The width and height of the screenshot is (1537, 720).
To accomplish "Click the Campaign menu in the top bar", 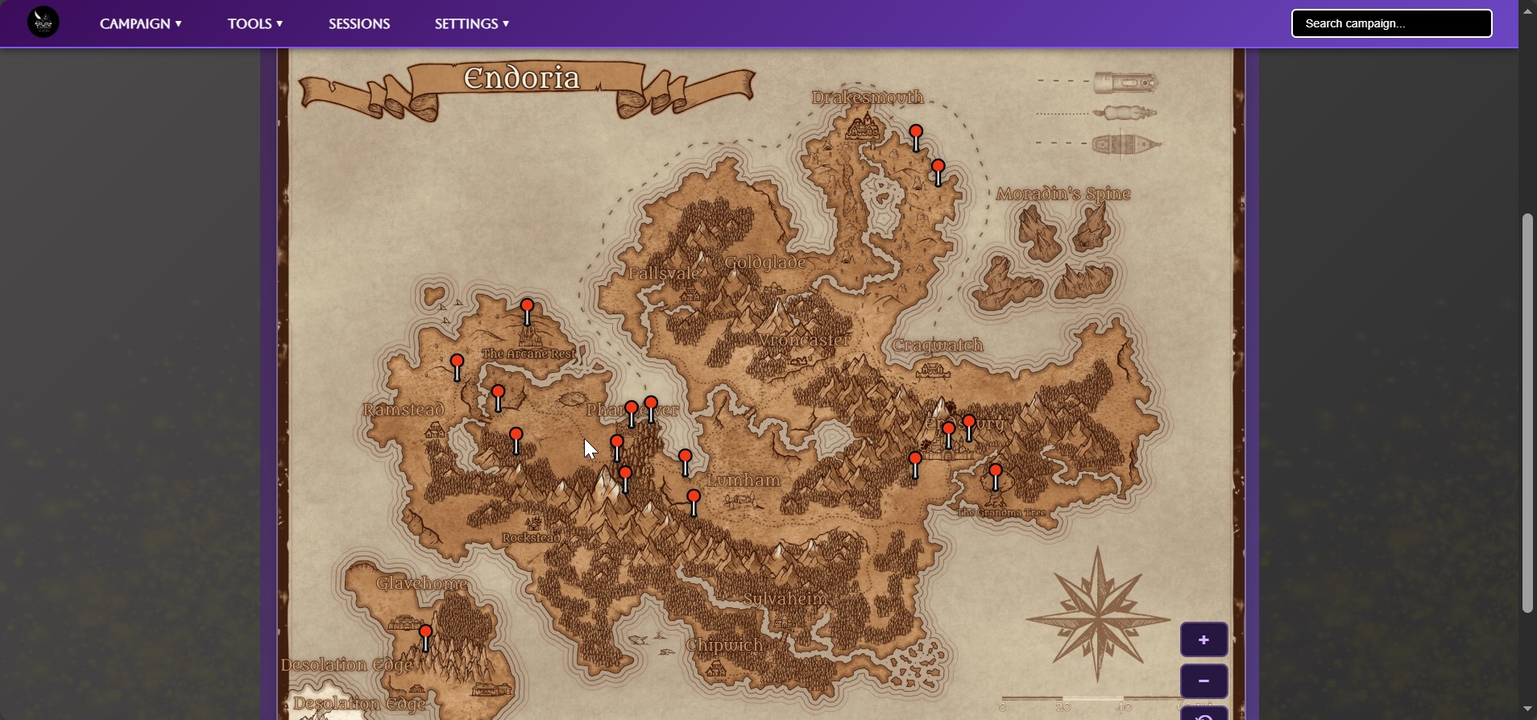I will pos(140,24).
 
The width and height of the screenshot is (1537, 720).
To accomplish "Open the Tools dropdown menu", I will pos(255,24).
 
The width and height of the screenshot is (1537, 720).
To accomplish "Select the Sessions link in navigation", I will pos(359,24).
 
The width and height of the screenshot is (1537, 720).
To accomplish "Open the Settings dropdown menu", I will pos(471,24).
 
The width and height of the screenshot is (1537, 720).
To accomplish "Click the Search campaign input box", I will pos(1391,23).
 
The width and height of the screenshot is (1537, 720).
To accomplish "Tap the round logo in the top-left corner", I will pos(43,23).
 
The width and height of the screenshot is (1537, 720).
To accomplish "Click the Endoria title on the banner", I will pos(522,78).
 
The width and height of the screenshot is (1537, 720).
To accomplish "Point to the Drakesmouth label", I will pos(868,97).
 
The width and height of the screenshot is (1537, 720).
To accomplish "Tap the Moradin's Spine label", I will pos(1063,194).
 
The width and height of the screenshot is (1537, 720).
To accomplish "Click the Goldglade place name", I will pos(765,263).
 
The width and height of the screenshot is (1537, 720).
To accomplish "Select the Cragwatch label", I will pos(938,346).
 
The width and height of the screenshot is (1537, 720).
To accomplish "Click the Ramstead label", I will pos(404,410).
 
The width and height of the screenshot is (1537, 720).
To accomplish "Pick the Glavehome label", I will pos(421,584).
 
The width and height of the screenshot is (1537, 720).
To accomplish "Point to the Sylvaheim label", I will pos(785,599).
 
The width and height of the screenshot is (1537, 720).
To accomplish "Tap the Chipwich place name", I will pos(725,646).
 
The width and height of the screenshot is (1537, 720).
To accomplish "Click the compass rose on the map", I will pos(1097,618).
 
